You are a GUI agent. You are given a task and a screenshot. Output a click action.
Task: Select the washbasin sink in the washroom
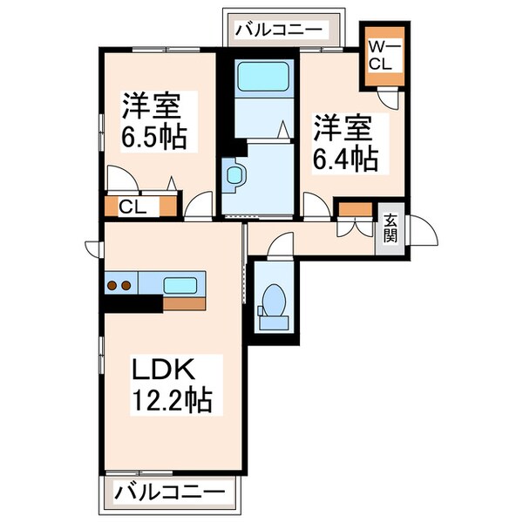[x=233, y=175]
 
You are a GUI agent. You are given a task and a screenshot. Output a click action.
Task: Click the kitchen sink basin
[x=180, y=284]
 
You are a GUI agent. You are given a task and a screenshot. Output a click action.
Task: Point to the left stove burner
[x=112, y=284]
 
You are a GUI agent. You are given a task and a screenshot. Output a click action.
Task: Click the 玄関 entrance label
[x=389, y=229]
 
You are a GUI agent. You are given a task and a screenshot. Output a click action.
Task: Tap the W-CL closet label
[x=384, y=54]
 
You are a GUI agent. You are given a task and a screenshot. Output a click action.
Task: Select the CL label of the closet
[x=132, y=207]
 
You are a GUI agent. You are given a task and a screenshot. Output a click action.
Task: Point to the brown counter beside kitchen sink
[x=186, y=303]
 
